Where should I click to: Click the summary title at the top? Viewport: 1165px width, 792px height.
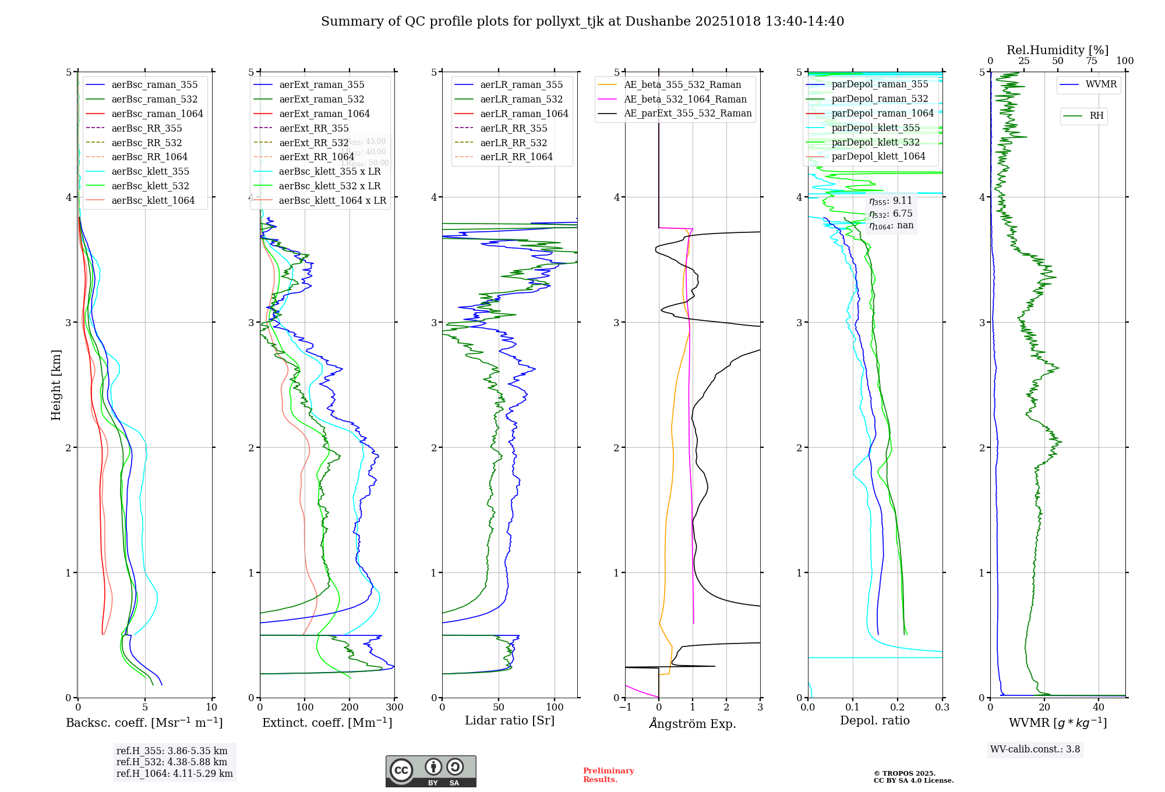[x=582, y=22]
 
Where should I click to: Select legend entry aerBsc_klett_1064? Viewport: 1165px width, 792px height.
[x=153, y=200]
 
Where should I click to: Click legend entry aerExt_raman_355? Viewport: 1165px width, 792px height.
[x=322, y=84]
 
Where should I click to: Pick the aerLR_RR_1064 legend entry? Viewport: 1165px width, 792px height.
[x=516, y=157]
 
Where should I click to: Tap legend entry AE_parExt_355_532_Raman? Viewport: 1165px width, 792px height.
[x=687, y=113]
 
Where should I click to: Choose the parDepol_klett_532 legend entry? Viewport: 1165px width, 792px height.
[x=875, y=142]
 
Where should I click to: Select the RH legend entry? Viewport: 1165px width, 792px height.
[x=1096, y=116]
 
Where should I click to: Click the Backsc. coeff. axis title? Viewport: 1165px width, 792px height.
[x=144, y=723]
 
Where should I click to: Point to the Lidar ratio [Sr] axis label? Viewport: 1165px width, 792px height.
[x=510, y=720]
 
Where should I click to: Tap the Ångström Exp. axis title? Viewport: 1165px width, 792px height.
[x=693, y=723]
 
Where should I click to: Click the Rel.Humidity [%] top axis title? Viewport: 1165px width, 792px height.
[x=1057, y=50]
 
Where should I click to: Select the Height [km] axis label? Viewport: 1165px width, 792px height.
[x=56, y=385]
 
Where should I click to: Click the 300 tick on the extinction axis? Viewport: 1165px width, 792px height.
[x=394, y=708]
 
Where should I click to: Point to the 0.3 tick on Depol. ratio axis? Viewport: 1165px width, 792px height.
[x=942, y=708]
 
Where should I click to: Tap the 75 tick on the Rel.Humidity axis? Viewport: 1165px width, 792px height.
[x=1091, y=61]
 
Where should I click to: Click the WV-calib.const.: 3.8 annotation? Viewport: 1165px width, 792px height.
[x=1035, y=749]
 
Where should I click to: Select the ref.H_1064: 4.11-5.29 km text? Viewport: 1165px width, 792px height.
[x=175, y=773]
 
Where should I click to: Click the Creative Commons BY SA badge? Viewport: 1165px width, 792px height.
[x=430, y=771]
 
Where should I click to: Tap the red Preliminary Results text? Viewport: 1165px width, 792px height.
[x=608, y=775]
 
